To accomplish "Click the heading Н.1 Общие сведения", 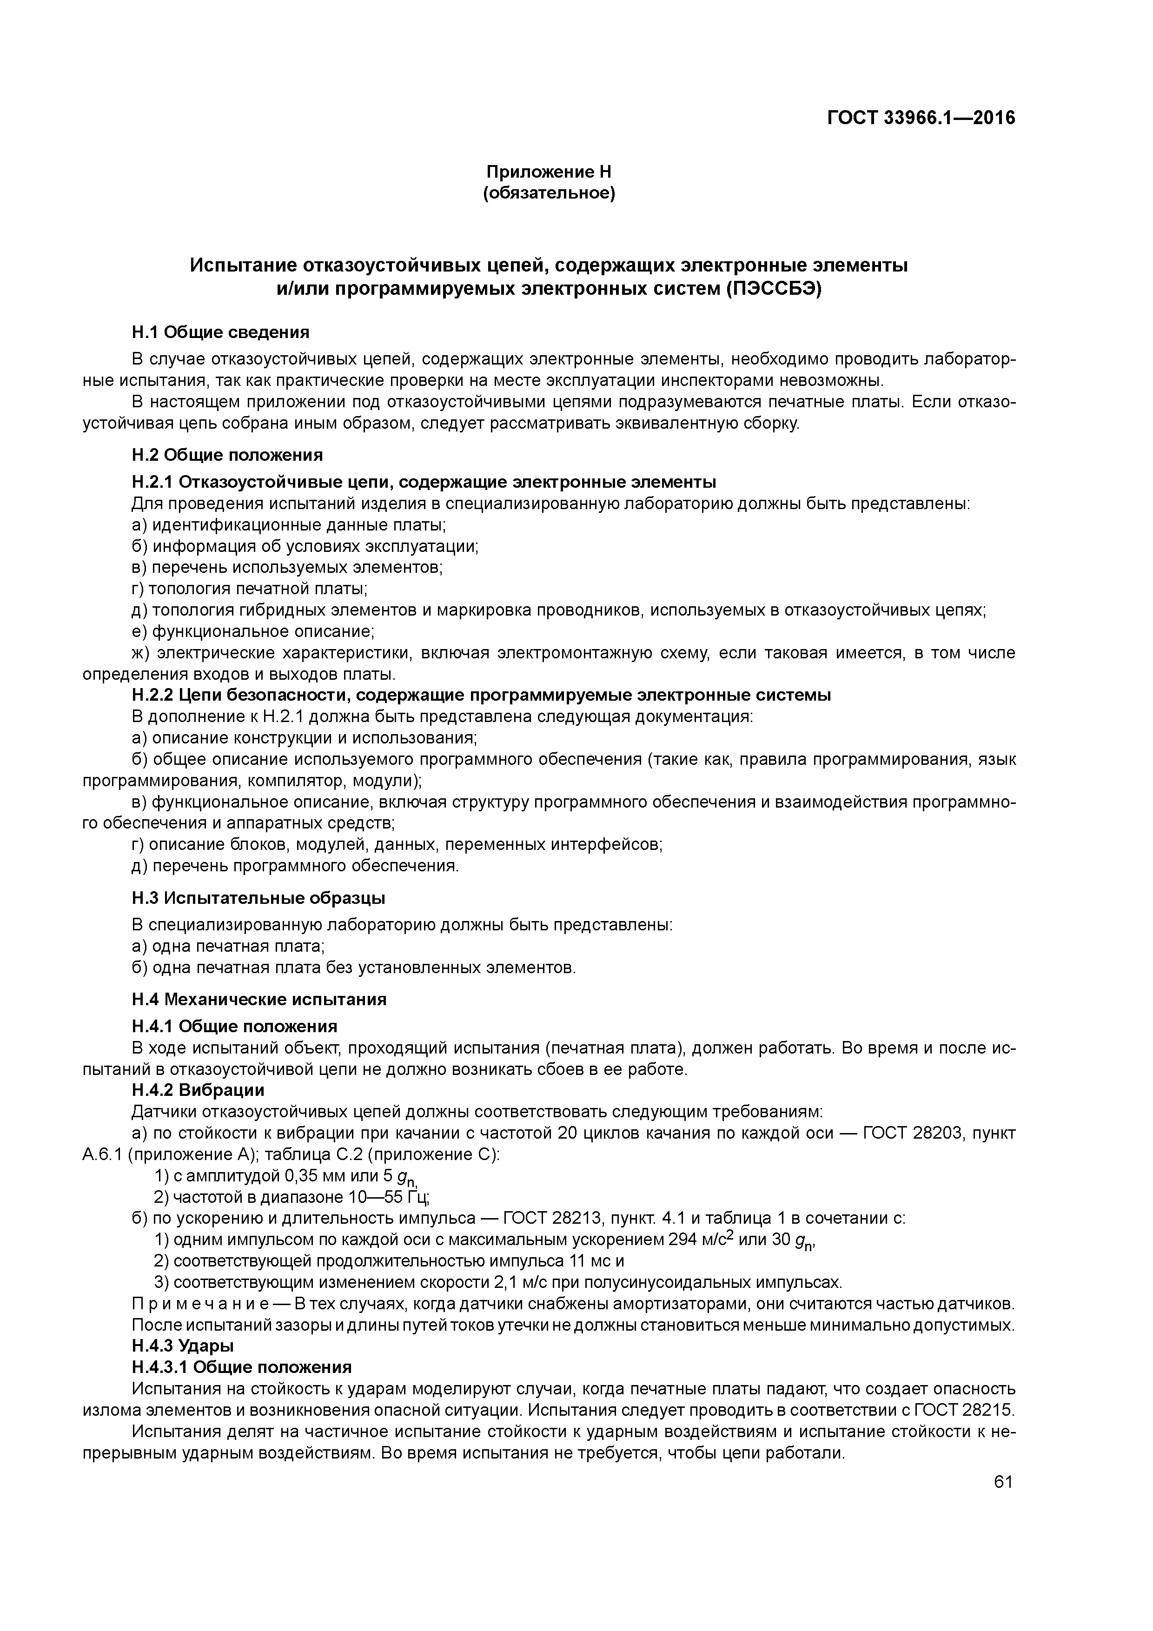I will pos(220,332).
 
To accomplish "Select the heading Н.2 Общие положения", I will pos(227,455).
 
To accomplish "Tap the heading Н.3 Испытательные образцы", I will pos(258,898).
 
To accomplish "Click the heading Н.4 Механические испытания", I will pos(259,1000).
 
